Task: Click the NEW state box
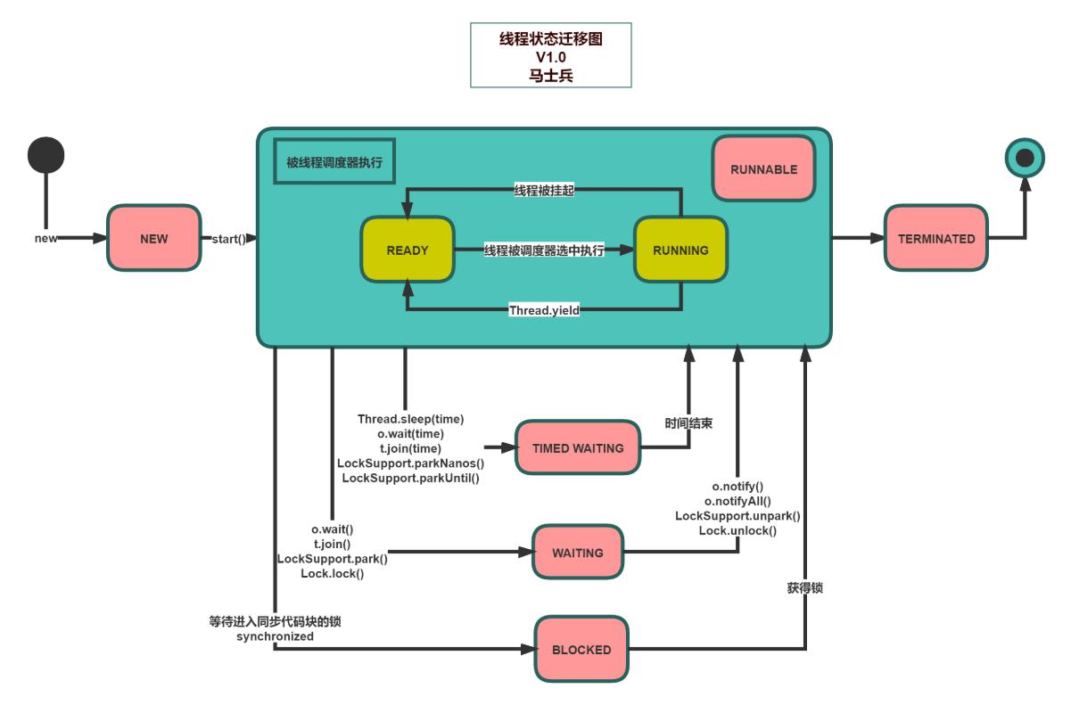(x=152, y=239)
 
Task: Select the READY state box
(x=407, y=250)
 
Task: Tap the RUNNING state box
(x=680, y=250)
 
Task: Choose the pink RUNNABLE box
(x=763, y=168)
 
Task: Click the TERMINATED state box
(x=935, y=239)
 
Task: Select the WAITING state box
(x=577, y=553)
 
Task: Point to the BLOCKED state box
(x=581, y=650)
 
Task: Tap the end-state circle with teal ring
(x=1025, y=158)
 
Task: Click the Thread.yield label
(x=544, y=310)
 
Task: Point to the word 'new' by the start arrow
(x=46, y=239)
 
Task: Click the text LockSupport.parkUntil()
(x=410, y=479)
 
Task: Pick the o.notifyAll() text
(x=737, y=501)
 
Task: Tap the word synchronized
(x=275, y=636)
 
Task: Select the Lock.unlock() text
(x=737, y=531)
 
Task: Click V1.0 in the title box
(x=550, y=57)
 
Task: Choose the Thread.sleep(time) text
(x=410, y=418)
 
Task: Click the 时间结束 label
(x=688, y=424)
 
